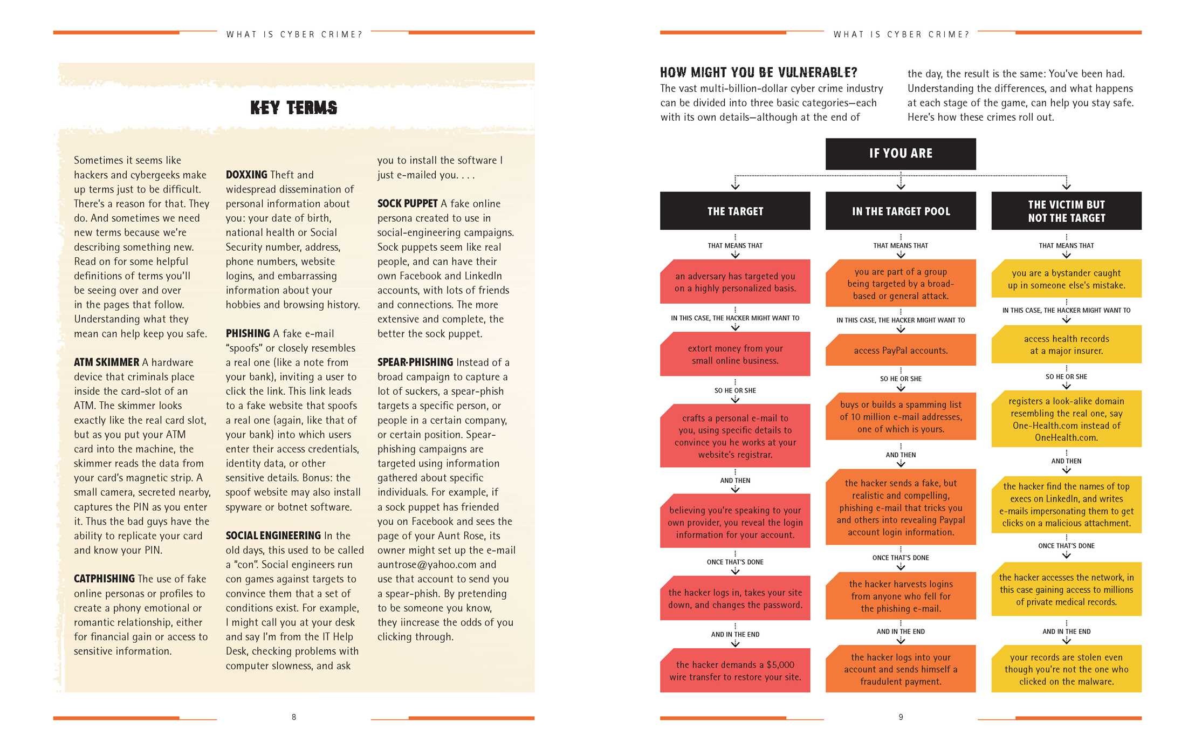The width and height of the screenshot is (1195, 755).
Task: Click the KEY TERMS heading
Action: (293, 108)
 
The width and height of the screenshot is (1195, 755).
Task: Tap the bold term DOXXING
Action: (246, 175)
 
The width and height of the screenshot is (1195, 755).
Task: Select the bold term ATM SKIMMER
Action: (106, 362)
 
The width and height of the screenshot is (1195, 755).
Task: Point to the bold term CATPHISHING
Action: (104, 579)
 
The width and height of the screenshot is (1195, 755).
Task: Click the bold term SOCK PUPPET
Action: (407, 204)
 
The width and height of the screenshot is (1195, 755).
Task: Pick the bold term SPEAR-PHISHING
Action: (415, 362)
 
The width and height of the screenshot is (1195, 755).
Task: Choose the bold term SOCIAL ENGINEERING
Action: (273, 536)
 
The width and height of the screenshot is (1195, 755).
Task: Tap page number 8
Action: (294, 717)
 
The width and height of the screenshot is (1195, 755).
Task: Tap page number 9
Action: (901, 717)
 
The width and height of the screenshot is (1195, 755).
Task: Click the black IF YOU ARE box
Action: (901, 154)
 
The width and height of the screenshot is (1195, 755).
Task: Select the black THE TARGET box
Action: (735, 211)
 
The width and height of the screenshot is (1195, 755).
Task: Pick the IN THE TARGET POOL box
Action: (901, 211)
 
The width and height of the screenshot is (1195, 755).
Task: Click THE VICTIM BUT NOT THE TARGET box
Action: (1066, 211)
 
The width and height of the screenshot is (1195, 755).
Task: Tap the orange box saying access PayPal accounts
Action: (901, 351)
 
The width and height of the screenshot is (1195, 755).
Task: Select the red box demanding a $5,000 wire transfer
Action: (735, 670)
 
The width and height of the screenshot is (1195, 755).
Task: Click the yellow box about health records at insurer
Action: (1066, 345)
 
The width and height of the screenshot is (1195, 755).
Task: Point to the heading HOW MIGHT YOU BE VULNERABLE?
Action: (758, 72)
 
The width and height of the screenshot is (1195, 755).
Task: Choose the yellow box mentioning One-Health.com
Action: (1066, 419)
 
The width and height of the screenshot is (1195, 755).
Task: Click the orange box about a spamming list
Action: (901, 416)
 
